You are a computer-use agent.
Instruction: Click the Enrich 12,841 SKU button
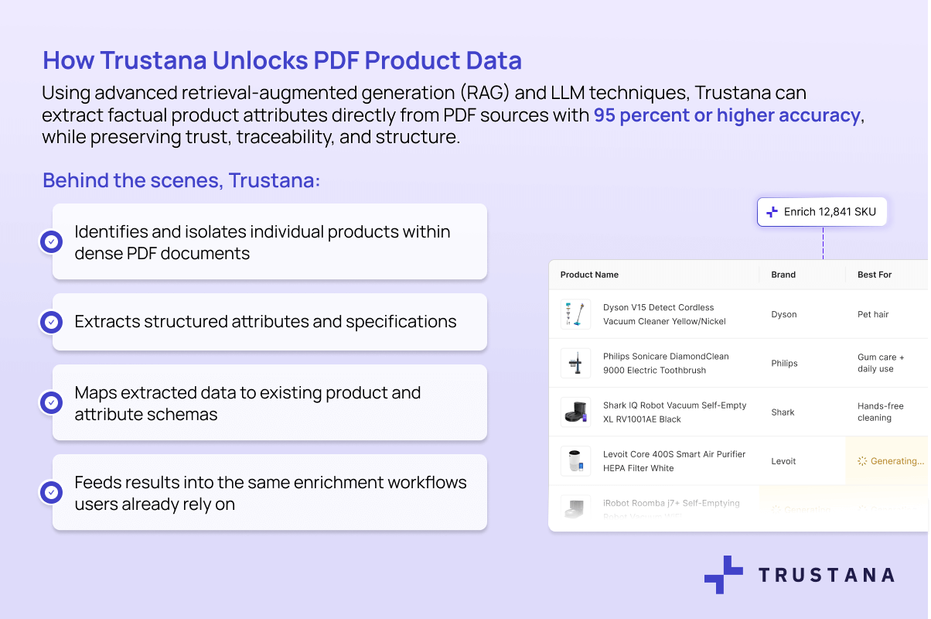822,211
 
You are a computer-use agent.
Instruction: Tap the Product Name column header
589,275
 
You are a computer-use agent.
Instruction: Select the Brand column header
783,275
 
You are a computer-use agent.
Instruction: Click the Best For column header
875,275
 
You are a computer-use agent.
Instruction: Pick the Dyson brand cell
784,315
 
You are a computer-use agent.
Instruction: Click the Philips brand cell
784,364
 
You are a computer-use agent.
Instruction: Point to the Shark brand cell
783,412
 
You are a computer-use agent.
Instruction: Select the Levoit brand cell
784,461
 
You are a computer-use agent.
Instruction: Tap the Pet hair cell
873,315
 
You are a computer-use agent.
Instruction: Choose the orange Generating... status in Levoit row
891,461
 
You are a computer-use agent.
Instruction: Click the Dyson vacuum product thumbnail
575,314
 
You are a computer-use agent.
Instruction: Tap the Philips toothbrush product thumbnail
575,363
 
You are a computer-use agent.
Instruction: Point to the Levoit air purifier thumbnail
575,461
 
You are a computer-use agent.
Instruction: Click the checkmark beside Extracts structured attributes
52,322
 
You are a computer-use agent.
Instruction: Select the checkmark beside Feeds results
52,492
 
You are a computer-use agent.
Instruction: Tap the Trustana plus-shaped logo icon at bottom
723,574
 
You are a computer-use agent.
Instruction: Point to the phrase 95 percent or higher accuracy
727,116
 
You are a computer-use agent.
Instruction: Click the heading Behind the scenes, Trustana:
181,180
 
